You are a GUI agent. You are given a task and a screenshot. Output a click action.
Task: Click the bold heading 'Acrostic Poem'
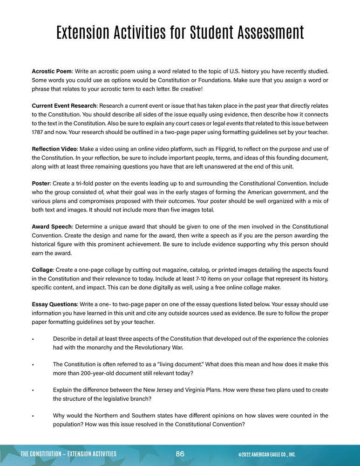coord(52,71)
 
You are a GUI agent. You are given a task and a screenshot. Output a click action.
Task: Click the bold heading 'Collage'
coord(42,270)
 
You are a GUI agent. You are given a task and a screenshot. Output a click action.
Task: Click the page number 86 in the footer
coord(180,454)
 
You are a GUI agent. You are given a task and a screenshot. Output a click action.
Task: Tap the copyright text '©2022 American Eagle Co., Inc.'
coord(266,454)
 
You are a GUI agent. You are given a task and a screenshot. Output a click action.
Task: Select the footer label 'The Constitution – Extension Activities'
coord(68,454)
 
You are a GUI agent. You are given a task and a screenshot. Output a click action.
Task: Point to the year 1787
coord(39,132)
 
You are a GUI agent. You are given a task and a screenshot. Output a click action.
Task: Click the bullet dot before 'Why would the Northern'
coord(33,416)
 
